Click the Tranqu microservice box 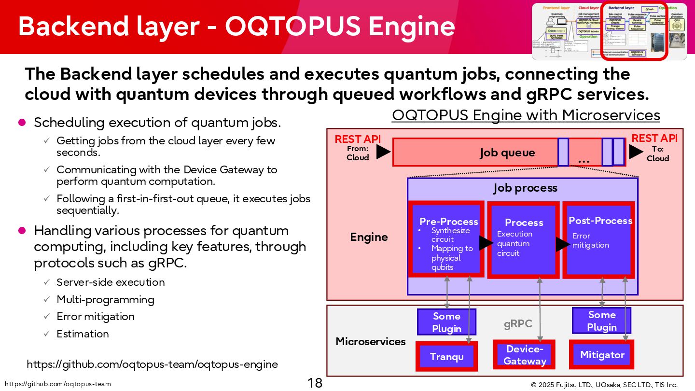[446, 357]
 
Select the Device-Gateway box [525, 355]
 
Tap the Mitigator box [602, 355]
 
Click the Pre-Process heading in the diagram [448, 222]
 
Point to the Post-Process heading [600, 221]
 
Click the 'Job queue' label [507, 153]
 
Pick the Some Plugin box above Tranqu [446, 322]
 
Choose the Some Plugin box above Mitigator [601, 321]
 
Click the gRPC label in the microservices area [518, 324]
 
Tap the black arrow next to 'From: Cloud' [383, 152]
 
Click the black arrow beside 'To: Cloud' [636, 152]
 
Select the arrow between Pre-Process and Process [486, 243]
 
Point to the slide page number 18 [315, 383]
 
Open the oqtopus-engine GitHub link [152, 364]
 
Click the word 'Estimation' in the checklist [83, 334]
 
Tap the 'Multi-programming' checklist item [105, 299]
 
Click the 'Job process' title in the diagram [525, 188]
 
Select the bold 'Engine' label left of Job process [369, 237]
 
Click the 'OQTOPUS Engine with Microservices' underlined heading [526, 115]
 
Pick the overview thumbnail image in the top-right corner [609, 32]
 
